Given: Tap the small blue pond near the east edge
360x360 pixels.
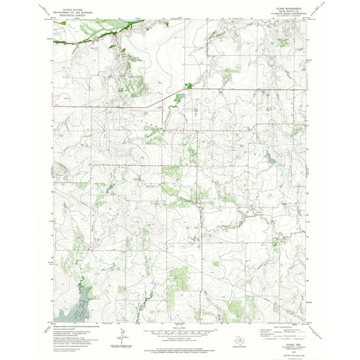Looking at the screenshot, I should pyautogui.click(x=269, y=161).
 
